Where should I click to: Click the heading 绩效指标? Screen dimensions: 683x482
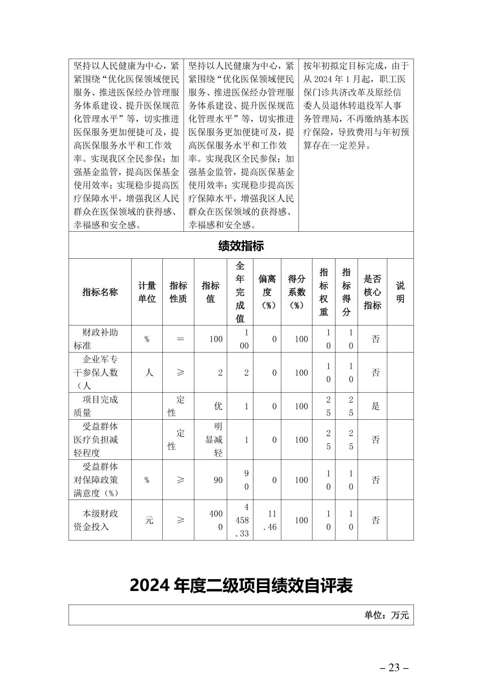pos(241,246)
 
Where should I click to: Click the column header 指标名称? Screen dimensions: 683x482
pos(100,292)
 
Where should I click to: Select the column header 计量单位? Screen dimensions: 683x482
pos(147,292)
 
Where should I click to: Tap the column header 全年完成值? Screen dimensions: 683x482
pos(240,292)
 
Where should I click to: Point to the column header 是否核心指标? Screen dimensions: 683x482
pos(372,292)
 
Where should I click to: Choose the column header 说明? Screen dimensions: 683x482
pos(400,292)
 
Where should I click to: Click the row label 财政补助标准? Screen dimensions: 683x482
pos(100,339)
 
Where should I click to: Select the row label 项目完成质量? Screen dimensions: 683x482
pos(100,406)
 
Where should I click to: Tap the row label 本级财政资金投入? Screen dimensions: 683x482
pos(100,520)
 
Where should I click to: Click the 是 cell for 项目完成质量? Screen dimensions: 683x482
pos(375,406)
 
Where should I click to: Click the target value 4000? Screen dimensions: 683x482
pos(216,520)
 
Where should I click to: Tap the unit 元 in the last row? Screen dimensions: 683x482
pos(149,520)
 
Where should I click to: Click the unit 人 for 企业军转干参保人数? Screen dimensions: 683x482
pos(149,373)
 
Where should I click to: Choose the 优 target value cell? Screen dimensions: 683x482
pos(218,406)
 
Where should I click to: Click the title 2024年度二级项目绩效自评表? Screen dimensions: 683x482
pos(241,586)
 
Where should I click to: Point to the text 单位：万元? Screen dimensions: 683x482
pos(386,615)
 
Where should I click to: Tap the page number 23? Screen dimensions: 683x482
pos(394,668)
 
